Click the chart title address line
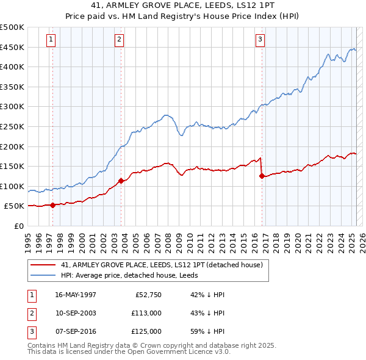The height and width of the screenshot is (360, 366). click(182, 6)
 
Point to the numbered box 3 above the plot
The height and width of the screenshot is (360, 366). click(260, 40)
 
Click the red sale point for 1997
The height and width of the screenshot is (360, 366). click(52, 205)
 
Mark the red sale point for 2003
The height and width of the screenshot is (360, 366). click(121, 181)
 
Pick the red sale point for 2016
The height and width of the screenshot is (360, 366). click(262, 176)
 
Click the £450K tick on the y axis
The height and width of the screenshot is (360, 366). click(13, 47)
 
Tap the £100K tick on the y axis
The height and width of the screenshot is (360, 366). click(13, 186)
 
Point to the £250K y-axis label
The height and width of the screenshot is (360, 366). click(13, 126)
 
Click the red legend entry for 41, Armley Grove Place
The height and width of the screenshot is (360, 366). click(162, 265)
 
